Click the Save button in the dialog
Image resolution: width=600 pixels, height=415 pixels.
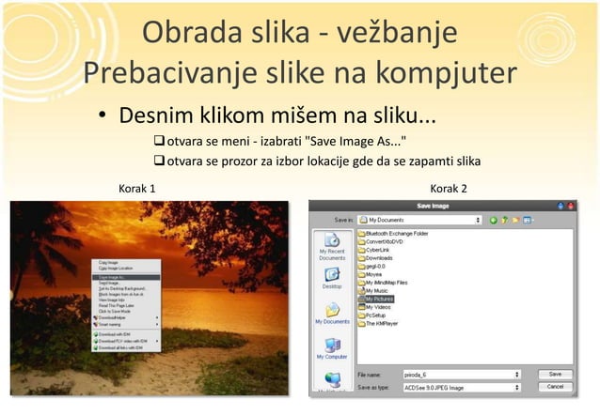555,374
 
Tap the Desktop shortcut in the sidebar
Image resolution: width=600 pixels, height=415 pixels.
332,276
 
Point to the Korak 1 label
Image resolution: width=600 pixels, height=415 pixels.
136,189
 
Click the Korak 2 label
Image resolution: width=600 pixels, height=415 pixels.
449,189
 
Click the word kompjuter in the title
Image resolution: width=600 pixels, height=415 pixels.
434,71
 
